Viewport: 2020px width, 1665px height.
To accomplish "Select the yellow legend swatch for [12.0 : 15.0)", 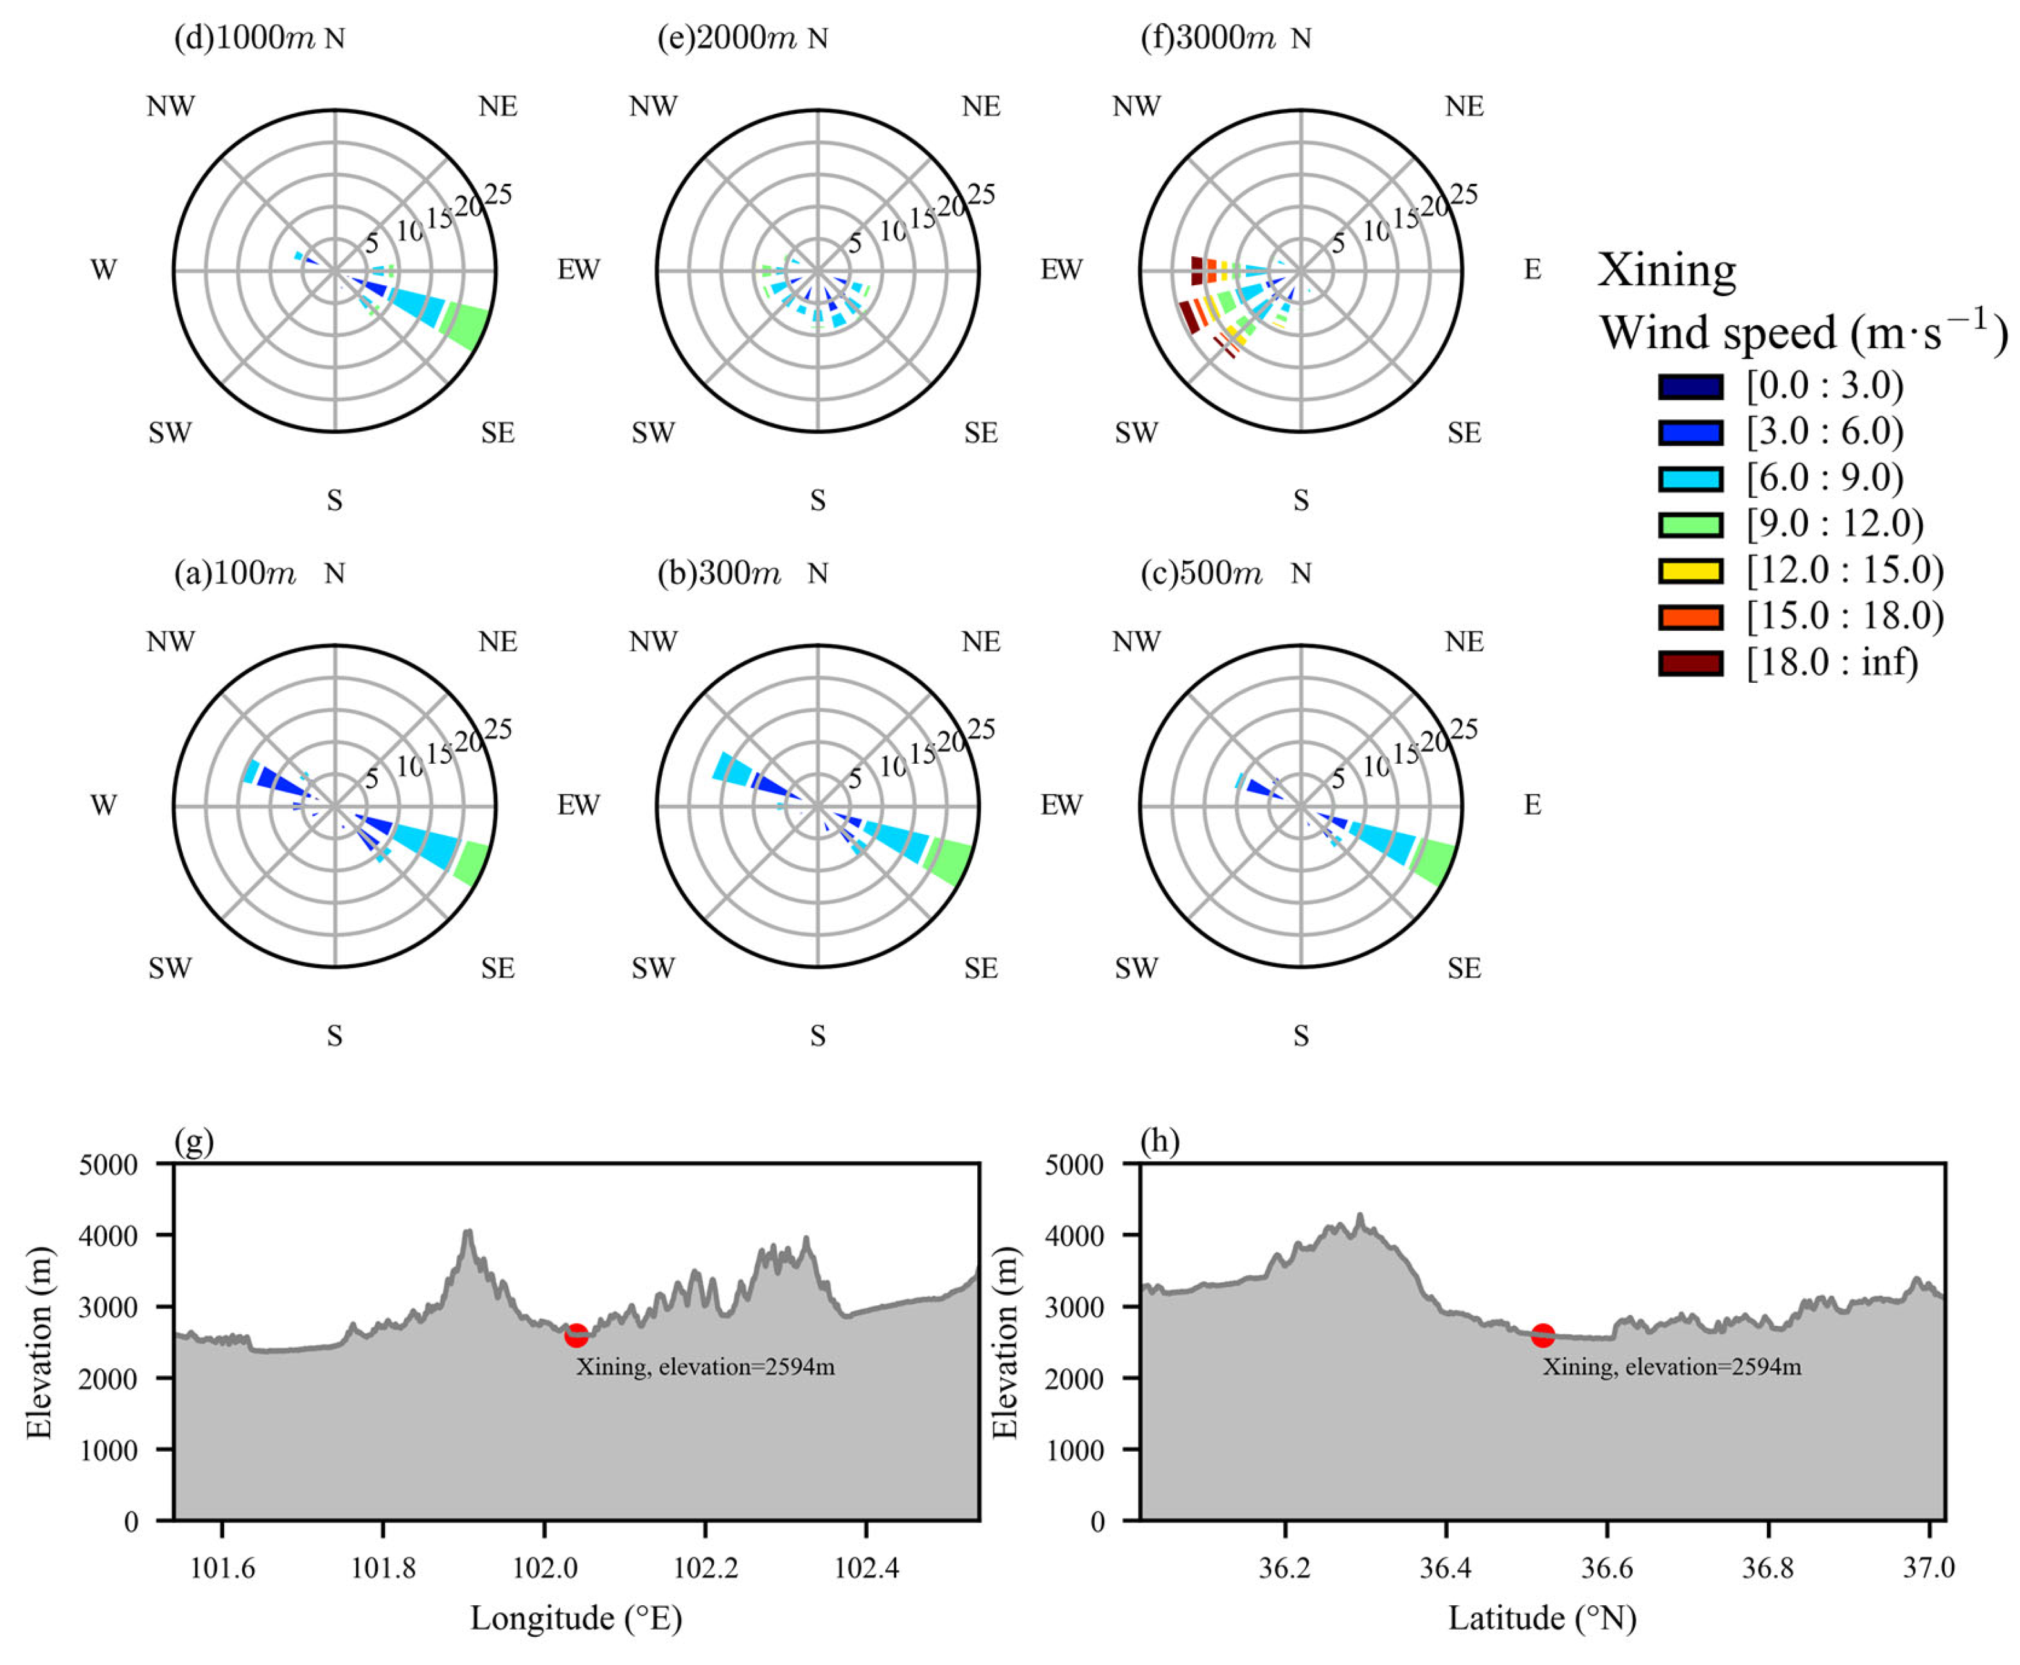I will [1690, 570].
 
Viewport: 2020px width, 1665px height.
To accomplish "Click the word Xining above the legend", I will [1666, 270].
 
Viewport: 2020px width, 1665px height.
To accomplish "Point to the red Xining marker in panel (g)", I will [576, 1334].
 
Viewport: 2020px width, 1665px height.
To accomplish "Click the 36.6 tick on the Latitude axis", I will [1607, 1568].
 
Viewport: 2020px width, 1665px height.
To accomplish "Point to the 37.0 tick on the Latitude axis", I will [1928, 1568].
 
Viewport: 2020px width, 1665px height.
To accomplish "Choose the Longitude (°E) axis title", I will [576, 1619].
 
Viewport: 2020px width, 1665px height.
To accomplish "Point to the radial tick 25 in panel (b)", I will [980, 730].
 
